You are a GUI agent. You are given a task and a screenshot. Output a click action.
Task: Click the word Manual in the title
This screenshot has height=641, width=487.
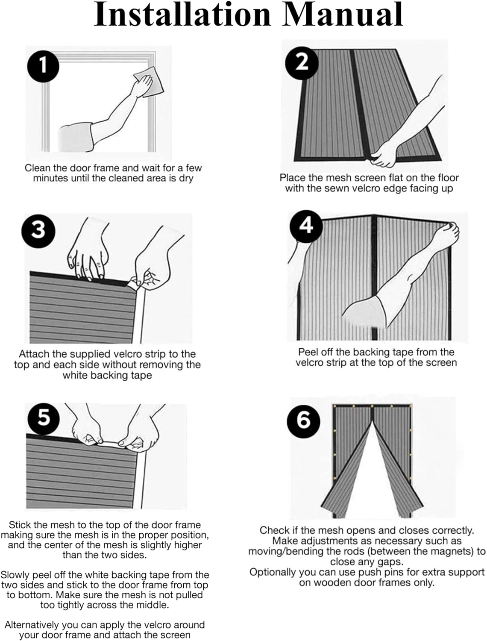(343, 15)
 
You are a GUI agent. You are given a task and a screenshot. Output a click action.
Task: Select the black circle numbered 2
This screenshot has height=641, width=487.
(302, 63)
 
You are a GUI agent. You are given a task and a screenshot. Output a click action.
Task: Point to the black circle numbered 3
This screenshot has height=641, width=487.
(38, 230)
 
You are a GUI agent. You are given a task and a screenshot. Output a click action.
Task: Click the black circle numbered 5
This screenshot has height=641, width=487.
(44, 417)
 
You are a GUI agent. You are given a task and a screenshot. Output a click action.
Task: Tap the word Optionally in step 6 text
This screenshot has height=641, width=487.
(274, 572)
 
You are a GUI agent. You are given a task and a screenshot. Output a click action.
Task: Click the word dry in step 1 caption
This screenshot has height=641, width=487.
(186, 179)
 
